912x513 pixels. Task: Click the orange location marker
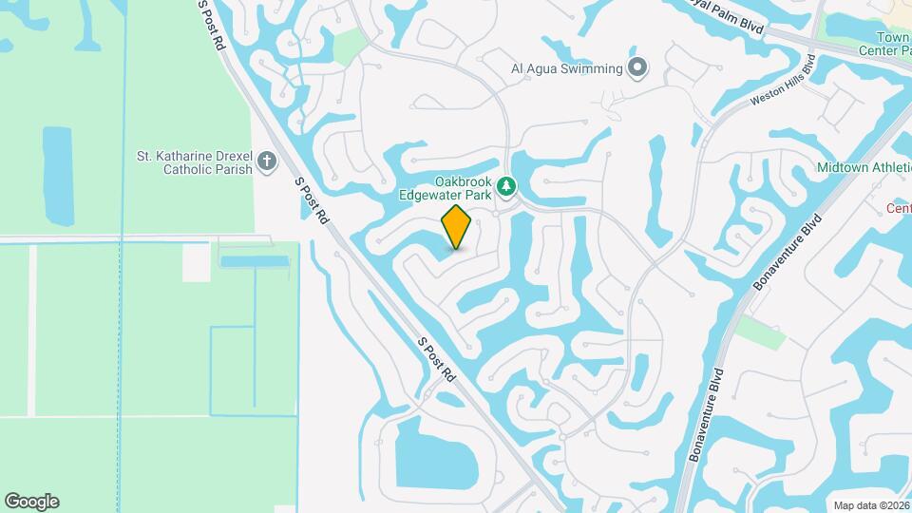pyautogui.click(x=457, y=227)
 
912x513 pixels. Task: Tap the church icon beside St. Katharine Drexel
pyautogui.click(x=267, y=162)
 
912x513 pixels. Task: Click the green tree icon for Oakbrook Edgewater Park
pyautogui.click(x=508, y=187)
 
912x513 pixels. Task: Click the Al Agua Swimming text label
pyautogui.click(x=566, y=68)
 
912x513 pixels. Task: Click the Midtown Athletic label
pyautogui.click(x=864, y=168)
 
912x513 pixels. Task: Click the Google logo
pyautogui.click(x=31, y=502)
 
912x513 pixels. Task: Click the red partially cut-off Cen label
pyautogui.click(x=899, y=208)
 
